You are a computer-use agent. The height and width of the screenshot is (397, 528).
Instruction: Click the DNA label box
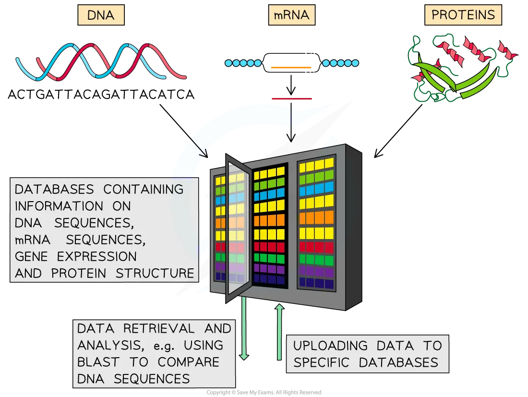point(101,15)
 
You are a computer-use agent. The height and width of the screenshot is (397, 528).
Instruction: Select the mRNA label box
point(291,15)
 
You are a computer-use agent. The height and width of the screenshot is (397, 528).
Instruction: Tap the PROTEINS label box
point(463,15)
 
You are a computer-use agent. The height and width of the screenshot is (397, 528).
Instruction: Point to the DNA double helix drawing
point(101,62)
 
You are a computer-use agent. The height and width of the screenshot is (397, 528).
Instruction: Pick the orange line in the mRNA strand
point(291,67)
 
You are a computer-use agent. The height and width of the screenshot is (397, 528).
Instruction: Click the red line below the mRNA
point(291,98)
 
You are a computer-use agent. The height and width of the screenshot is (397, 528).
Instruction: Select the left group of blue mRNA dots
point(243,63)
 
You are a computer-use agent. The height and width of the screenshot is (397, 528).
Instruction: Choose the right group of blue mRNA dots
point(340,63)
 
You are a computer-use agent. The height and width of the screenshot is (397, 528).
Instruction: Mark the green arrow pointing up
point(280,331)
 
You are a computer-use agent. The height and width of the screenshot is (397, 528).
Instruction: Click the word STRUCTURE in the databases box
point(155,273)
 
